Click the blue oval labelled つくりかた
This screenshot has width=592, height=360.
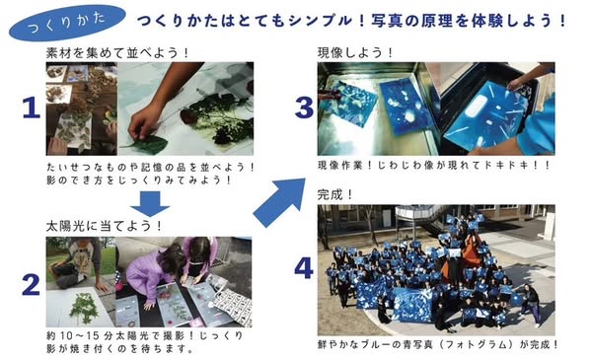(x=67, y=23)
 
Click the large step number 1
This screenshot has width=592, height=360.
(x=31, y=108)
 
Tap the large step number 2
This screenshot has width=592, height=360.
(x=31, y=285)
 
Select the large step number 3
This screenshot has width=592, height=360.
(x=304, y=108)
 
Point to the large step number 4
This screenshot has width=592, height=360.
(x=304, y=268)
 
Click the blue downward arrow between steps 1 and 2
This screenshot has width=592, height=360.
(x=150, y=204)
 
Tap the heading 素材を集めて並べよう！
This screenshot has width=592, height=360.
(x=117, y=53)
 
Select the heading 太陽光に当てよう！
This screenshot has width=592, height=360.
(x=104, y=226)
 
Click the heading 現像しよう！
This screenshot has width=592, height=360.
(x=355, y=53)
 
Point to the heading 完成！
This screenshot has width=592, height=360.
(x=335, y=195)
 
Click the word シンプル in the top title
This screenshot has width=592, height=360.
(x=320, y=21)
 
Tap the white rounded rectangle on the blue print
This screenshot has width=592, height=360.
(x=477, y=107)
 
